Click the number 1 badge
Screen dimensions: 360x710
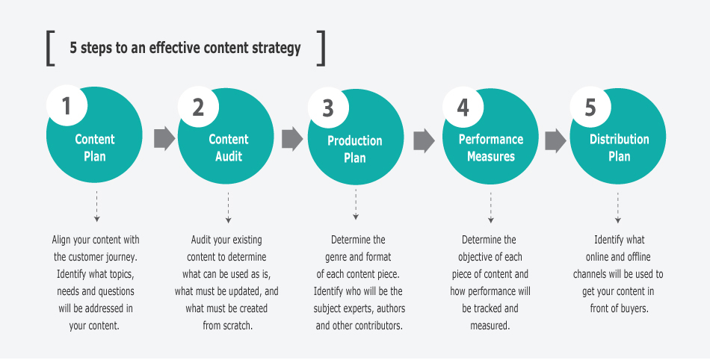point(67,107)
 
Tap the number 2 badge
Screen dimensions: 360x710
point(198,107)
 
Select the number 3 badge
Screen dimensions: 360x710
point(328,108)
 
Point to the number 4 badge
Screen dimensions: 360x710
point(463,108)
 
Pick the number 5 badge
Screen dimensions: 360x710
point(590,108)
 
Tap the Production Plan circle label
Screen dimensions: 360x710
point(355,149)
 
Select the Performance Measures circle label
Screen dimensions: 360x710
point(491,148)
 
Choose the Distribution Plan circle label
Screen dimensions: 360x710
point(619,148)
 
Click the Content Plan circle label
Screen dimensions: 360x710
point(95,148)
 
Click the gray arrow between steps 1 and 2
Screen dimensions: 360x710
point(164,138)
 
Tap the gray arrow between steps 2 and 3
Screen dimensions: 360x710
point(292,138)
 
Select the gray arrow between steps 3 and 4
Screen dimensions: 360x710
point(424,139)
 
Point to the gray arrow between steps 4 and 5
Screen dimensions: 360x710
point(555,139)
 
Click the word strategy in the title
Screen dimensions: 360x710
point(277,49)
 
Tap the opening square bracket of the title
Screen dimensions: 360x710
point(49,48)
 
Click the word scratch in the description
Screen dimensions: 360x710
point(235,326)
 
